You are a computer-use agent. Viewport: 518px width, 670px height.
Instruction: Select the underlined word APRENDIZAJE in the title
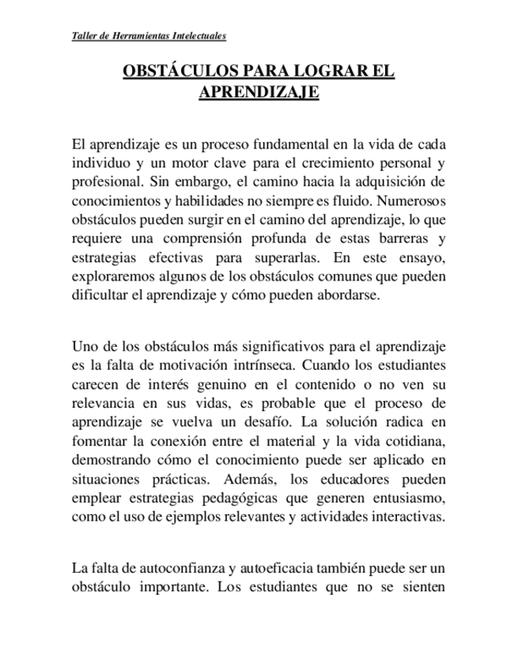(x=259, y=92)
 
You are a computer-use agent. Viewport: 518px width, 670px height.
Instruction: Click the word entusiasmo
(x=410, y=499)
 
